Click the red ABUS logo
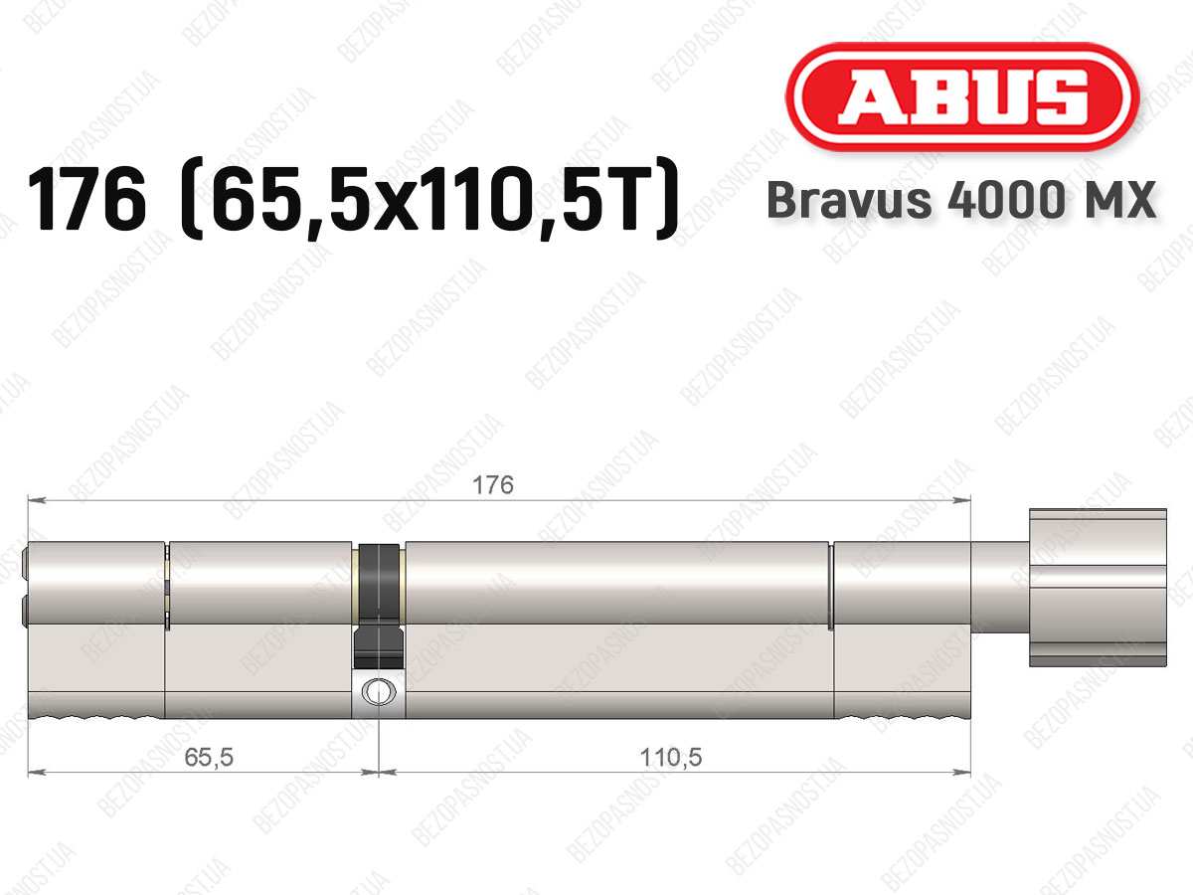coord(962,96)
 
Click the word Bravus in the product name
coord(849,200)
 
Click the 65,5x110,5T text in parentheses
coord(428,200)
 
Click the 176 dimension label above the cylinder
coord(493,484)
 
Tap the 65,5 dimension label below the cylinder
coord(209,757)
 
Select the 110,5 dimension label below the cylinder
coord(671,757)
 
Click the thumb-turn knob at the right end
coord(1098,588)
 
